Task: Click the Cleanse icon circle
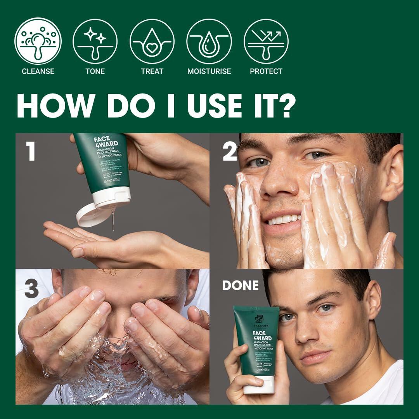pyautogui.click(x=38, y=41)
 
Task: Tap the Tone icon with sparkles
pyautogui.click(x=95, y=41)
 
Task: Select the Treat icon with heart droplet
pyautogui.click(x=152, y=41)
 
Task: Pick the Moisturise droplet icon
pyautogui.click(x=209, y=41)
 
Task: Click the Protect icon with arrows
pyautogui.click(x=266, y=41)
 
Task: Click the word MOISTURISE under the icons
pyautogui.click(x=209, y=71)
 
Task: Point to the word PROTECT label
pyautogui.click(x=266, y=71)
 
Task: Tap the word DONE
pyautogui.click(x=240, y=286)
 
